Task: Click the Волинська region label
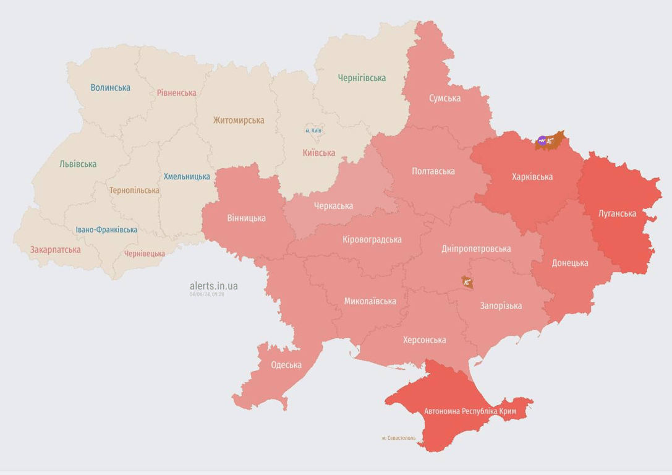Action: pyautogui.click(x=110, y=88)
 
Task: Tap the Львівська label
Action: pyautogui.click(x=78, y=165)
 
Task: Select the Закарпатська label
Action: pyautogui.click(x=55, y=250)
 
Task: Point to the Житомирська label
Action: pyautogui.click(x=239, y=121)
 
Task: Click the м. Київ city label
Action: pyautogui.click(x=313, y=131)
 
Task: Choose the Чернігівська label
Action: pyautogui.click(x=362, y=78)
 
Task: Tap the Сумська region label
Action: pyautogui.click(x=445, y=98)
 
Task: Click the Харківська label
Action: pyautogui.click(x=532, y=177)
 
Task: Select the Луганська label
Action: pyautogui.click(x=617, y=214)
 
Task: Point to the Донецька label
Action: pyautogui.click(x=570, y=263)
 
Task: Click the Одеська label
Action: pyautogui.click(x=286, y=365)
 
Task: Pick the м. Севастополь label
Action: pyautogui.click(x=399, y=438)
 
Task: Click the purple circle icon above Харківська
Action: pyautogui.click(x=542, y=141)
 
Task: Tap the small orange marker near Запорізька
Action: pyautogui.click(x=467, y=282)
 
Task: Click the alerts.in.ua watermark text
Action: pyautogui.click(x=213, y=286)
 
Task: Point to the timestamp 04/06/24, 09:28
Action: pyautogui.click(x=206, y=294)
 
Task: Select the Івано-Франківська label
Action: pyautogui.click(x=106, y=229)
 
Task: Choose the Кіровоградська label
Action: pyautogui.click(x=372, y=239)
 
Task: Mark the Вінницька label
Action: pyautogui.click(x=246, y=218)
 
